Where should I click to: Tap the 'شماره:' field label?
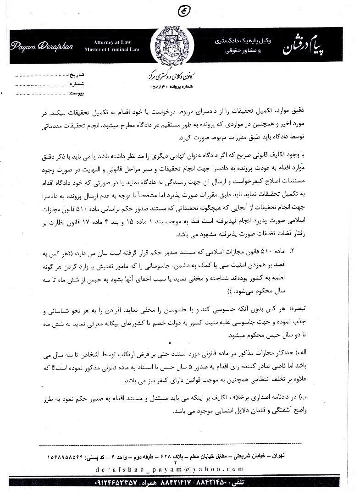click(75, 84)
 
